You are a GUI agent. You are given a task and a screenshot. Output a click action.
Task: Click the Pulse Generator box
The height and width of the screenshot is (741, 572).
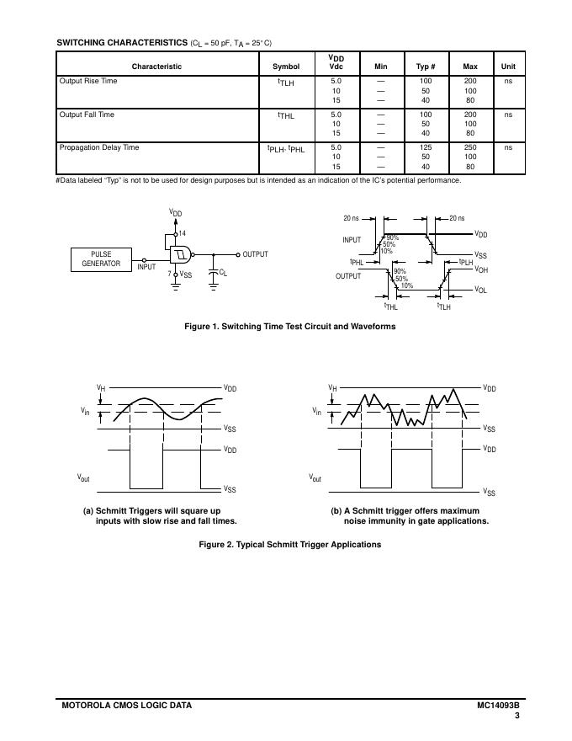pyautogui.click(x=101, y=259)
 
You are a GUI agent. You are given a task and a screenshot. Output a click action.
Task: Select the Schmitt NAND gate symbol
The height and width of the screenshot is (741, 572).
pyautogui.click(x=180, y=253)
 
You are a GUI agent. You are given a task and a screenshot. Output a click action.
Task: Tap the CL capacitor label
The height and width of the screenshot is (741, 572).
pyautogui.click(x=222, y=272)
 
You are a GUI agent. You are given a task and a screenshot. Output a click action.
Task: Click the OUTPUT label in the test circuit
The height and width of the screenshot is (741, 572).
pyautogui.click(x=255, y=254)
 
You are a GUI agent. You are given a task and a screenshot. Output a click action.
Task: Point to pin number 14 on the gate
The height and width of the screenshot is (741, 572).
pyautogui.click(x=183, y=232)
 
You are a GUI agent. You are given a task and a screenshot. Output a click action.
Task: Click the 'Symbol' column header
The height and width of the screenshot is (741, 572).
pyautogui.click(x=286, y=67)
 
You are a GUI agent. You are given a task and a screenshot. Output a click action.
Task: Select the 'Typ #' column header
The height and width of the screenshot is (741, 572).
pyautogui.click(x=426, y=67)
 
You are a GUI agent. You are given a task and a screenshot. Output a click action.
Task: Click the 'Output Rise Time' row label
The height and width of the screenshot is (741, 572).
pyautogui.click(x=88, y=82)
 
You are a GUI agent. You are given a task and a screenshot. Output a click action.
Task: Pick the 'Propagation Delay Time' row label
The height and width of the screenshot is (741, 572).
pyautogui.click(x=99, y=147)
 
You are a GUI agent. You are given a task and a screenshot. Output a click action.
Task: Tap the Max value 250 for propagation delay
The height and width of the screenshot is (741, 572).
pyautogui.click(x=470, y=147)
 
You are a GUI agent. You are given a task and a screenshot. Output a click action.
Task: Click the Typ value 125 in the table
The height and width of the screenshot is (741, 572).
pyautogui.click(x=426, y=147)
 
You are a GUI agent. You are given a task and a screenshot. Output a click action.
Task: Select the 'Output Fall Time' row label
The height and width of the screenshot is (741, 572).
pyautogui.click(x=87, y=115)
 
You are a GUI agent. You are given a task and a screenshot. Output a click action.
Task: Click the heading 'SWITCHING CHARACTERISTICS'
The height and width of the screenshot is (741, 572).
pyautogui.click(x=122, y=43)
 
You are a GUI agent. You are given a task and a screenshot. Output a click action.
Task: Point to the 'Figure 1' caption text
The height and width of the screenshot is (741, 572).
pyautogui.click(x=289, y=327)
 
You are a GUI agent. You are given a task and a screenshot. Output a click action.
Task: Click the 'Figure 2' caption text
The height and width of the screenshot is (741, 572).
pyautogui.click(x=289, y=545)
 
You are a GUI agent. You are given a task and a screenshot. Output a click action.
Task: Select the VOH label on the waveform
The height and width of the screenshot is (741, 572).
pyautogui.click(x=481, y=269)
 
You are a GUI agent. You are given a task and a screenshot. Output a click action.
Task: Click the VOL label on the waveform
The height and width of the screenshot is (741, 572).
pyautogui.click(x=481, y=290)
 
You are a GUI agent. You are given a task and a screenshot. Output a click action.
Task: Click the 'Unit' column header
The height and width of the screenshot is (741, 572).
pyautogui.click(x=508, y=67)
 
